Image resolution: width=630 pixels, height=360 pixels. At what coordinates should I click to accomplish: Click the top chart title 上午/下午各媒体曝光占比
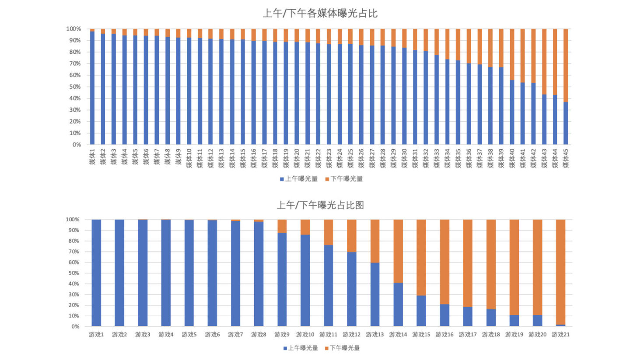(320, 14)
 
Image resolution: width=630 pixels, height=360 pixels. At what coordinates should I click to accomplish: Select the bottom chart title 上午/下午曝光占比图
(320, 205)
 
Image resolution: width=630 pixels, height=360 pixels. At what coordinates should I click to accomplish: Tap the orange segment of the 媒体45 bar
(566, 66)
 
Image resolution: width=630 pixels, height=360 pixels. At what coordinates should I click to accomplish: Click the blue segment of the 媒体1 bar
(92, 87)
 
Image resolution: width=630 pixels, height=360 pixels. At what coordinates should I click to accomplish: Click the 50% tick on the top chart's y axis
(74, 87)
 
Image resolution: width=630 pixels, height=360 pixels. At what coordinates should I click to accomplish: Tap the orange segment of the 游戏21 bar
(560, 271)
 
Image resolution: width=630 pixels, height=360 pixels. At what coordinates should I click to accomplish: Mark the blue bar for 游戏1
(96, 273)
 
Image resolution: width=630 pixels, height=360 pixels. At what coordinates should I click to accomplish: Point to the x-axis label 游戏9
(282, 335)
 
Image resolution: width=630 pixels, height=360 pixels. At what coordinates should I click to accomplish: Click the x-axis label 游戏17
(468, 335)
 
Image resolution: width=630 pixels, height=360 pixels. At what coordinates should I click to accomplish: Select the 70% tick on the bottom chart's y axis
(74, 252)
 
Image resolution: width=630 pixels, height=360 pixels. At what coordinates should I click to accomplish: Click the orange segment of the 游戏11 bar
(329, 232)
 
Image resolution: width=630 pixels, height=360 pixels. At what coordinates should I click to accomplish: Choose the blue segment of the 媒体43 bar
(544, 119)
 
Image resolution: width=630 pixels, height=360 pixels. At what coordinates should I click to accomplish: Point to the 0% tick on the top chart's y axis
(76, 144)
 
